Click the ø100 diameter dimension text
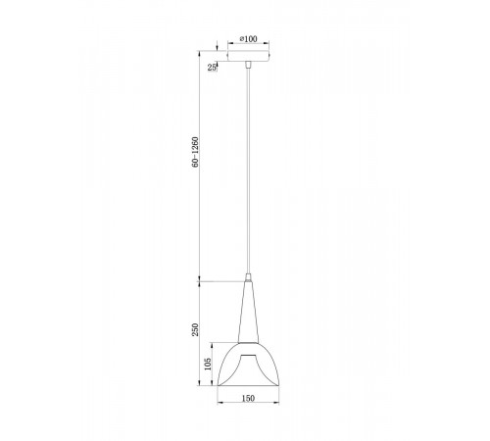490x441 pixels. [x=248, y=38]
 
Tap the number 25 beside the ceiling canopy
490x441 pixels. [x=213, y=67]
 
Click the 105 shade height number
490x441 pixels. [x=207, y=365]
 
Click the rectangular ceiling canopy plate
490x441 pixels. [x=248, y=55]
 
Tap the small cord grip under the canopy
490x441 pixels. [x=248, y=66]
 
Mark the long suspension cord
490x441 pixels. [x=248, y=167]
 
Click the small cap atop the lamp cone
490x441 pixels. [x=248, y=276]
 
